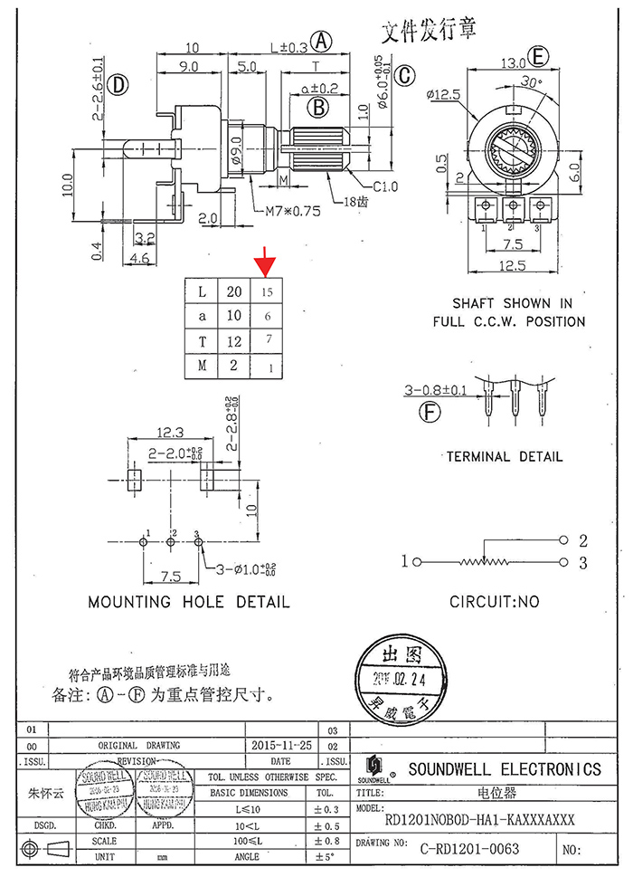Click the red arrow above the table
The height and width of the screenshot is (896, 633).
click(265, 264)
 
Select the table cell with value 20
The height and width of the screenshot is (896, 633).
click(234, 291)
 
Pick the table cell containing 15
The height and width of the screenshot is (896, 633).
click(267, 291)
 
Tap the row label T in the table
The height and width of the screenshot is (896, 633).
click(203, 341)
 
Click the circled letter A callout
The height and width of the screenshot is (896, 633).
click(322, 41)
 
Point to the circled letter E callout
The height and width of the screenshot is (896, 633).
click(540, 57)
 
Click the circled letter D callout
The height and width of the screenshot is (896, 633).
click(118, 86)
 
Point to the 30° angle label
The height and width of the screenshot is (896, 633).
click(533, 81)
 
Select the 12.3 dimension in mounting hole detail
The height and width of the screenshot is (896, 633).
click(170, 433)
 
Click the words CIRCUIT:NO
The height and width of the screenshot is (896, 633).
click(494, 601)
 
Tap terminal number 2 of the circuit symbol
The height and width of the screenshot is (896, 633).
click(583, 541)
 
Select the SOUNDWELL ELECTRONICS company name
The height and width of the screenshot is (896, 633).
click(504, 769)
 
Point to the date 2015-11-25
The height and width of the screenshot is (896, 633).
click(282, 745)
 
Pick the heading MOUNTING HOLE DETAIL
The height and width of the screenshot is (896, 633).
click(189, 601)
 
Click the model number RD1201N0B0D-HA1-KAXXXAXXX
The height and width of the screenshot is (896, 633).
click(479, 820)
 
